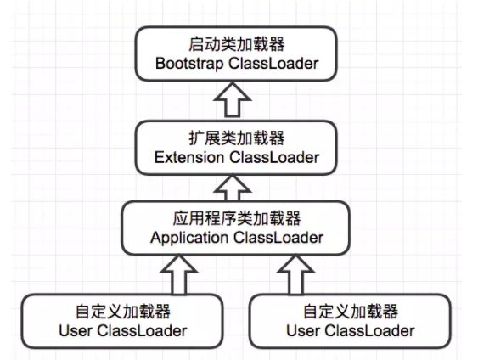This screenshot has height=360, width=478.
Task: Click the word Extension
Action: (x=194, y=157)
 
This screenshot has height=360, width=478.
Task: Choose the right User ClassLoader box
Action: (x=351, y=320)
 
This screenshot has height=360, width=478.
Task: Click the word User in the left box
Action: (x=76, y=330)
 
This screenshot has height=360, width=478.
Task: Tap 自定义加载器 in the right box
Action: (x=351, y=311)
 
